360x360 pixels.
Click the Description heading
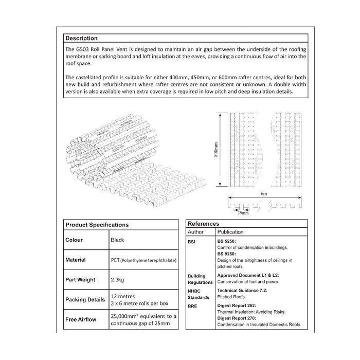pos(81,38)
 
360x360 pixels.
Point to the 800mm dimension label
pos(216,149)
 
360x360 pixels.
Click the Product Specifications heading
pos(97,225)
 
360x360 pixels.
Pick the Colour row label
pos(74,240)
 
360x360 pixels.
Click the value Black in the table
pos(117,240)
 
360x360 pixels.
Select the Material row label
pos(76,260)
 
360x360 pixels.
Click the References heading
pos(204,224)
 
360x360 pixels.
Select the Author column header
pos(197,232)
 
